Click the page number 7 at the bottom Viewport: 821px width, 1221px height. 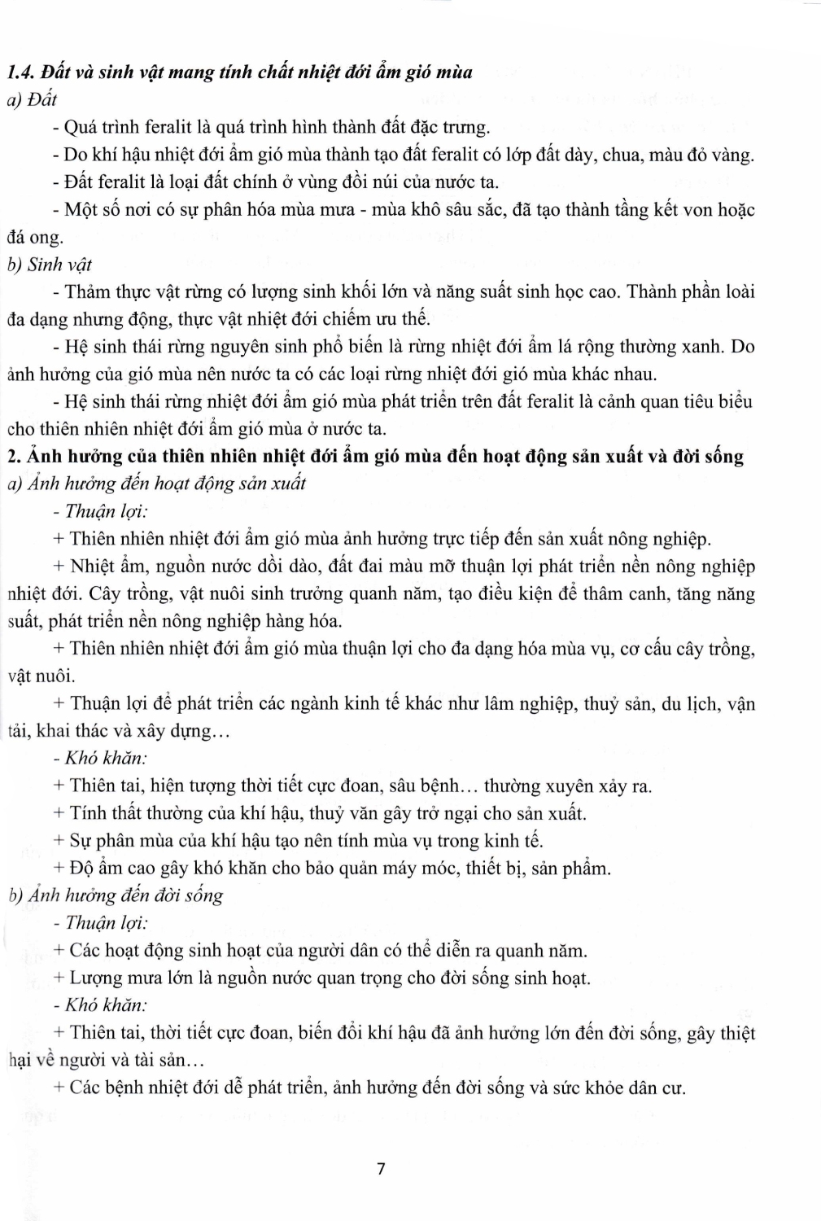coord(381,1170)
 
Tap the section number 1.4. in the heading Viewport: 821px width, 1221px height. coord(22,72)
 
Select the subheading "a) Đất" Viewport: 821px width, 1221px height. coord(32,99)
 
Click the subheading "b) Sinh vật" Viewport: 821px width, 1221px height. coord(50,265)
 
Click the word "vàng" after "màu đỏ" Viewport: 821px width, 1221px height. coord(735,155)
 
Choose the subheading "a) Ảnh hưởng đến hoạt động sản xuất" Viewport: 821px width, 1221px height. coord(156,484)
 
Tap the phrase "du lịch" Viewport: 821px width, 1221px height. coord(690,703)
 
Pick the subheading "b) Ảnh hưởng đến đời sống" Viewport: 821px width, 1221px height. coord(116,895)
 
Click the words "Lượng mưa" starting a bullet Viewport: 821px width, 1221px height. coord(111,978)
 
